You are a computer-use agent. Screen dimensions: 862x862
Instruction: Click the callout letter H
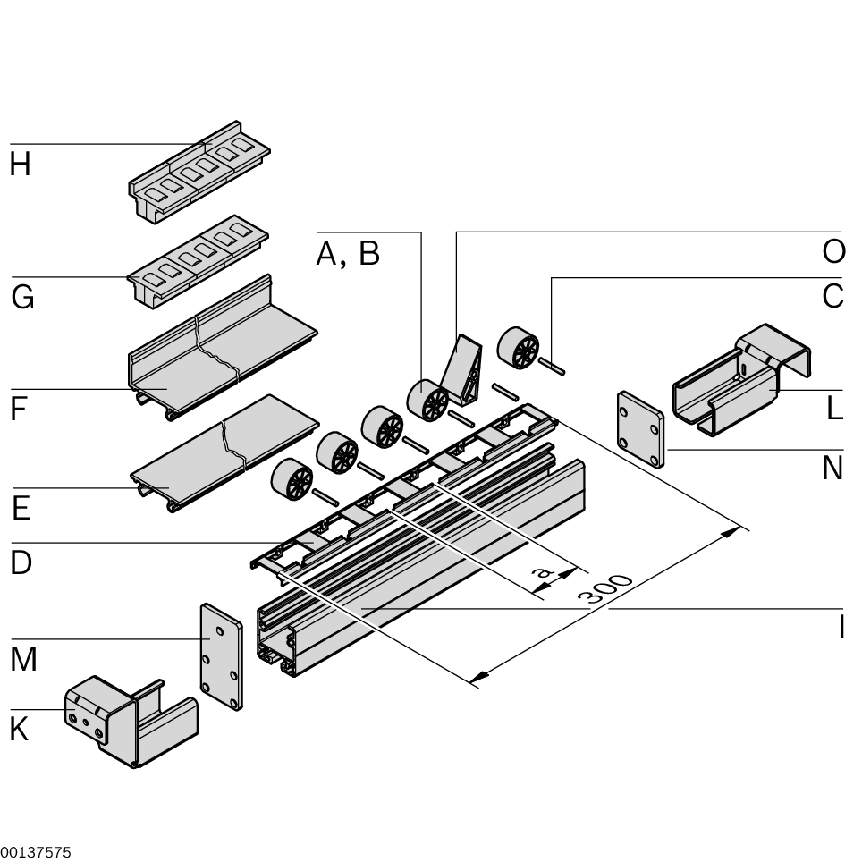[x=21, y=165]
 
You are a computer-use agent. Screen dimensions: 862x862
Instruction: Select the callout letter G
[x=22, y=297]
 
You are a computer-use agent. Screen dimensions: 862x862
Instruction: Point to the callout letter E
[x=21, y=508]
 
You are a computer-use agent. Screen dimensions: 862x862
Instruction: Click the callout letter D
[x=21, y=563]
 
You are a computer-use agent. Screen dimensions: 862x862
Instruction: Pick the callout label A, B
[x=348, y=255]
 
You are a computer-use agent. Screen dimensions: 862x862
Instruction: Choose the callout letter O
[x=832, y=252]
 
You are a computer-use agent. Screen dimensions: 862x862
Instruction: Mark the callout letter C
[x=832, y=296]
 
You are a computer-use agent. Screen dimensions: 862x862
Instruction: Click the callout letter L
[x=834, y=410]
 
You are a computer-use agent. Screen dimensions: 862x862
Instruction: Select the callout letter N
[x=832, y=467]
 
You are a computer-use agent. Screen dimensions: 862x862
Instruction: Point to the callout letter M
[x=24, y=660]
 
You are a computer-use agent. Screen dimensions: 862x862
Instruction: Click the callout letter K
[x=19, y=730]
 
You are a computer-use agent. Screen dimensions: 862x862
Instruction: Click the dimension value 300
[x=610, y=591]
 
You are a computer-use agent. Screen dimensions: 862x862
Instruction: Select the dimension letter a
[x=538, y=570]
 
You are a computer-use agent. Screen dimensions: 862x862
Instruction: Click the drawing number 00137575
[x=36, y=853]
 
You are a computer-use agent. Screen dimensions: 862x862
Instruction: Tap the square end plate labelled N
[x=640, y=428]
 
